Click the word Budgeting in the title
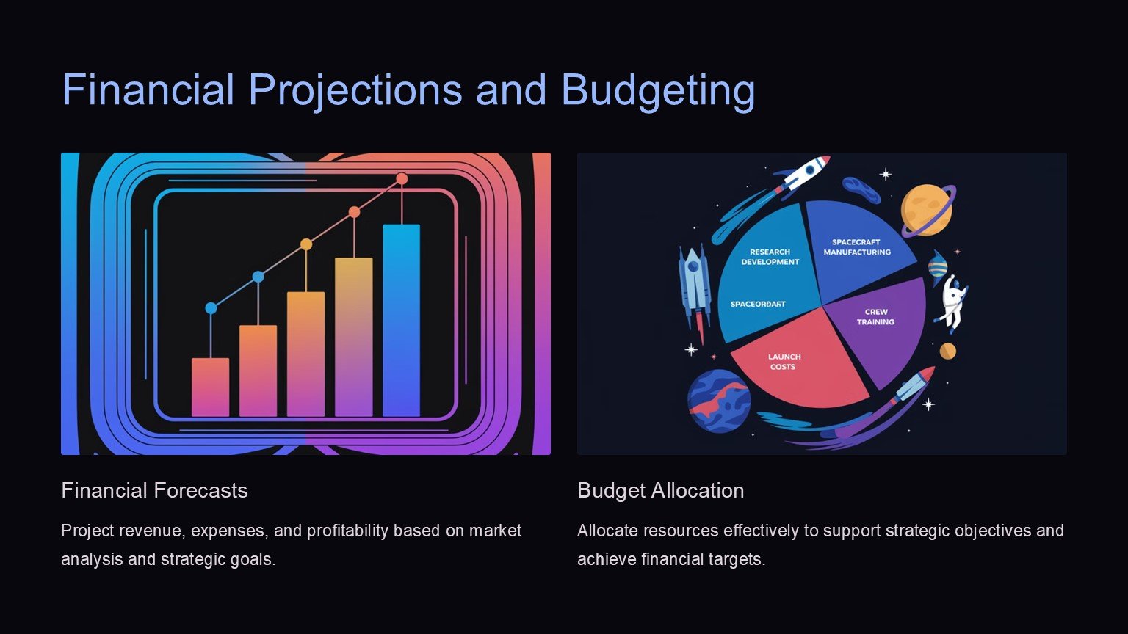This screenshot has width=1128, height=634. tap(658, 90)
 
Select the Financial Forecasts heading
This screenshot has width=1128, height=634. tap(154, 491)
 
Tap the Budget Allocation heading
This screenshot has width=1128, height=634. tap(661, 491)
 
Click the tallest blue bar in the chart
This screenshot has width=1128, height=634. tap(402, 321)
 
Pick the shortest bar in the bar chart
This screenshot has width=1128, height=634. tap(211, 387)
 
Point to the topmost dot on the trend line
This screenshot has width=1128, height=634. tap(402, 178)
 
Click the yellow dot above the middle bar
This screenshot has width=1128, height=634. tap(306, 244)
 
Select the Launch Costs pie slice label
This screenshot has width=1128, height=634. tap(784, 362)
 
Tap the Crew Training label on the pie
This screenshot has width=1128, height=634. tap(875, 317)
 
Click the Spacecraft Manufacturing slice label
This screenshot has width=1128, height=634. tap(857, 247)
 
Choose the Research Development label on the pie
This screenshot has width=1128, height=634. tap(770, 257)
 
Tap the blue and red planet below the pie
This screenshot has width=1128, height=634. tap(719, 401)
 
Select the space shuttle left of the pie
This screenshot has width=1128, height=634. tap(694, 287)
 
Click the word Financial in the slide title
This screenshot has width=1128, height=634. tap(148, 90)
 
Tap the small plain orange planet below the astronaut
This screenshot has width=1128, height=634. tap(948, 351)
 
